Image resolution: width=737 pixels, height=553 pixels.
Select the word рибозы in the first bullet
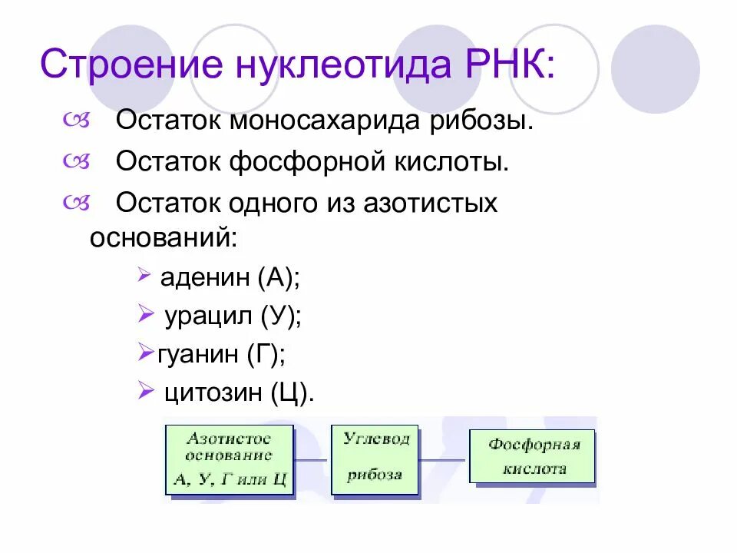click(482, 121)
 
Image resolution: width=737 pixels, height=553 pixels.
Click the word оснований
click(164, 237)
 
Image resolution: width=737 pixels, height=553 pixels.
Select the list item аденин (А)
click(230, 277)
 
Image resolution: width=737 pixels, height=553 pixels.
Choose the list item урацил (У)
click(233, 316)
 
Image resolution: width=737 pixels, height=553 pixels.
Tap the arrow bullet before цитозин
click(146, 392)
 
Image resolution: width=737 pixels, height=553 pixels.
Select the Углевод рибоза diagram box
click(375, 459)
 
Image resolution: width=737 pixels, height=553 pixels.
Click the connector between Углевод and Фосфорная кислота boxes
click(443, 459)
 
